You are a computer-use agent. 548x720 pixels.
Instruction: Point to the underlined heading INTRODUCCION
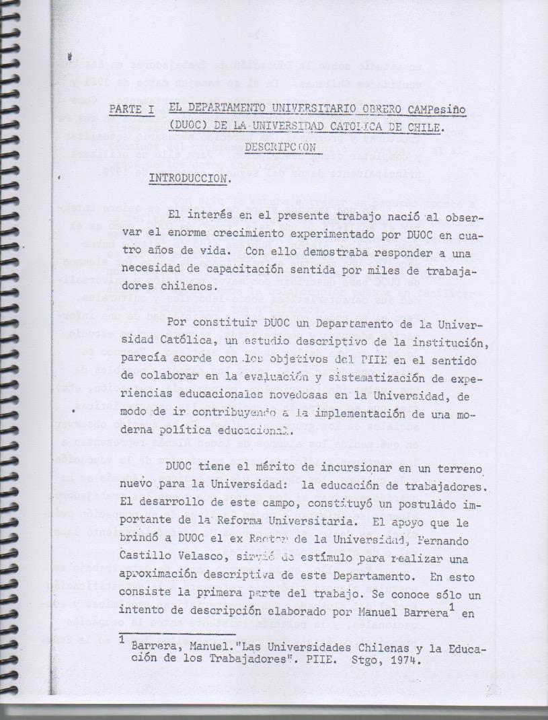point(190,180)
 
